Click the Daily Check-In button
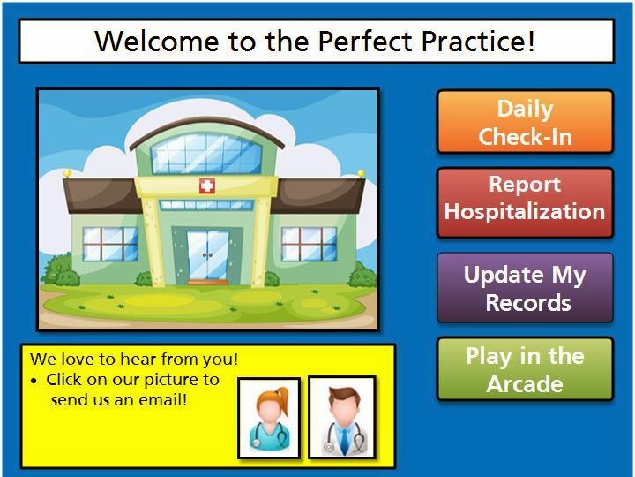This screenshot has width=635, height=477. pyautogui.click(x=526, y=122)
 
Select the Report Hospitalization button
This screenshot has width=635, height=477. pyautogui.click(x=526, y=202)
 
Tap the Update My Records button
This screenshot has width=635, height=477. pyautogui.click(x=526, y=288)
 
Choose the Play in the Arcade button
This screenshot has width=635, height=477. pyautogui.click(x=526, y=368)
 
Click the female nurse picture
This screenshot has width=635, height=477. pyautogui.click(x=269, y=418)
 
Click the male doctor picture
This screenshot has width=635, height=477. pyautogui.click(x=342, y=417)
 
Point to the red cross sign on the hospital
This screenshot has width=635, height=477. pyautogui.click(x=207, y=186)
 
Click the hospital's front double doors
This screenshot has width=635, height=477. pyautogui.click(x=207, y=254)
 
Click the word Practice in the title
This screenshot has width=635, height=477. pyautogui.click(x=478, y=41)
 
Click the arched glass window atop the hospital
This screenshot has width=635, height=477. pyautogui.click(x=206, y=154)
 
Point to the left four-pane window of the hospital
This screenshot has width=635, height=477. pyautogui.click(x=110, y=244)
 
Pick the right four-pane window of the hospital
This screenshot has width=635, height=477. pyautogui.click(x=309, y=244)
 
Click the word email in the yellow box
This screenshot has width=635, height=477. pyautogui.click(x=163, y=400)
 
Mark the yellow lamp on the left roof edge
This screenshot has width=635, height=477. pyautogui.click(x=67, y=174)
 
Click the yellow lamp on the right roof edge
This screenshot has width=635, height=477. pyautogui.click(x=361, y=174)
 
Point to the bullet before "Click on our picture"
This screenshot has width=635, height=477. pyautogui.click(x=34, y=382)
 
